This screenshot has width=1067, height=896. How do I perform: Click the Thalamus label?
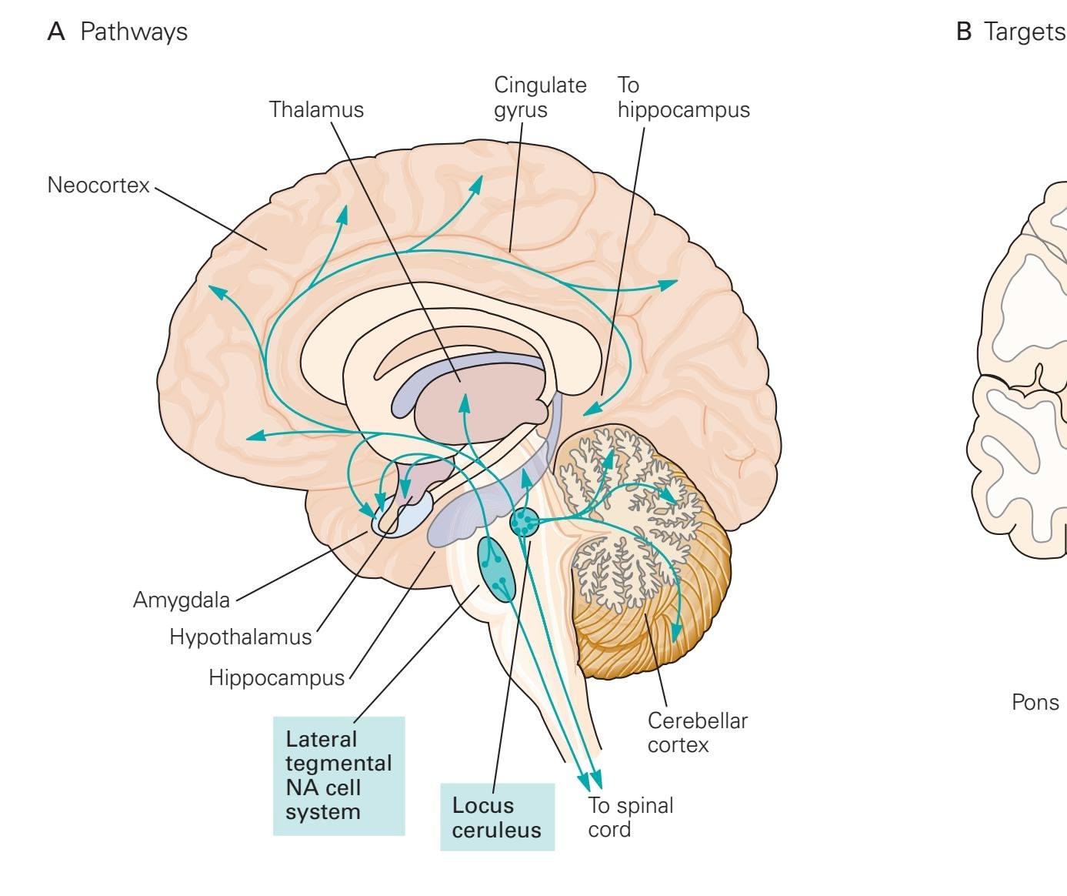pos(316,109)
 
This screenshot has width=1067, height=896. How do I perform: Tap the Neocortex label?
pos(98,186)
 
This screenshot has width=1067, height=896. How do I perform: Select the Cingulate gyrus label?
pos(539,97)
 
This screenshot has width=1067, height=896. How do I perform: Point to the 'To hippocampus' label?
pos(683,97)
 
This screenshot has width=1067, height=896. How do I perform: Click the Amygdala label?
pos(182,600)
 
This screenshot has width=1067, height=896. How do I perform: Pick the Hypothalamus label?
pos(241,637)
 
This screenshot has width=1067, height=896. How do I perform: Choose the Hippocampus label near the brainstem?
pos(277,677)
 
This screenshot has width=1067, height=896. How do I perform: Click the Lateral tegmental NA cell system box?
pos(338,775)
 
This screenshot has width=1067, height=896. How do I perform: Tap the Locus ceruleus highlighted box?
pos(497,817)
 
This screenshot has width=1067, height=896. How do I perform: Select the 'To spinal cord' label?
pos(630,817)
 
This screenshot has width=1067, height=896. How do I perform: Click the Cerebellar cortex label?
pos(697,733)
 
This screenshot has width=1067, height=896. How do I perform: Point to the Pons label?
pos(1035,702)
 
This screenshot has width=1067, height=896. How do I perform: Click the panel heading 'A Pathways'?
pos(118,32)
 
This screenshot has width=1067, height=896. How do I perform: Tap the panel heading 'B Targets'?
pos(1010,32)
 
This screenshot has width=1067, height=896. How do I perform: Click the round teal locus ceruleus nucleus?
pos(525,522)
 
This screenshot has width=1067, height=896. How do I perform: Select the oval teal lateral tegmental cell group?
pos(495,568)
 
